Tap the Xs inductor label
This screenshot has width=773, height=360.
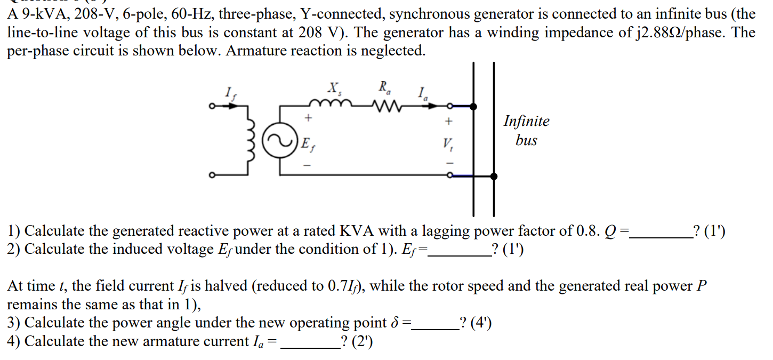pyautogui.click(x=335, y=87)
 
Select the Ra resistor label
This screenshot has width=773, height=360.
pyautogui.click(x=384, y=87)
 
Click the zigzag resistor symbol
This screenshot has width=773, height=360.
pyautogui.click(x=384, y=107)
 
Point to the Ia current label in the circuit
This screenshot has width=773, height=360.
pyautogui.click(x=423, y=94)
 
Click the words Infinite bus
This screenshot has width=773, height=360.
pyautogui.click(x=526, y=131)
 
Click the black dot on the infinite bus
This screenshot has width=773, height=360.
pyautogui.click(x=494, y=176)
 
